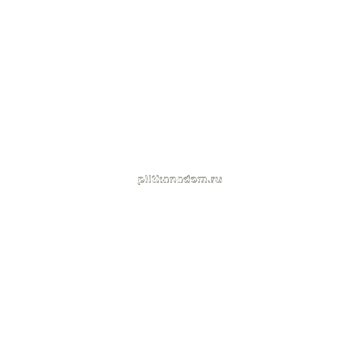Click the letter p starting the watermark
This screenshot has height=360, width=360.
coord(141,180)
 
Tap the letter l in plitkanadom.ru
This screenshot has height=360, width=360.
coord(146,179)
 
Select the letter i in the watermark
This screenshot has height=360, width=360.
coord(149,179)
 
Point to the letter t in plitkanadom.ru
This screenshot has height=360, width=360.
coord(153,179)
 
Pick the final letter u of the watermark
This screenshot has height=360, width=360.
coord(219,180)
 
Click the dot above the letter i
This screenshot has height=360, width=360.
coord(149,176)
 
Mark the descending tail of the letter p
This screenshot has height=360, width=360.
coord(139,183)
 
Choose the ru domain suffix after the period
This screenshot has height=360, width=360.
coord(217,180)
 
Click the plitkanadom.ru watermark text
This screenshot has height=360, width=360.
coord(180,180)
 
